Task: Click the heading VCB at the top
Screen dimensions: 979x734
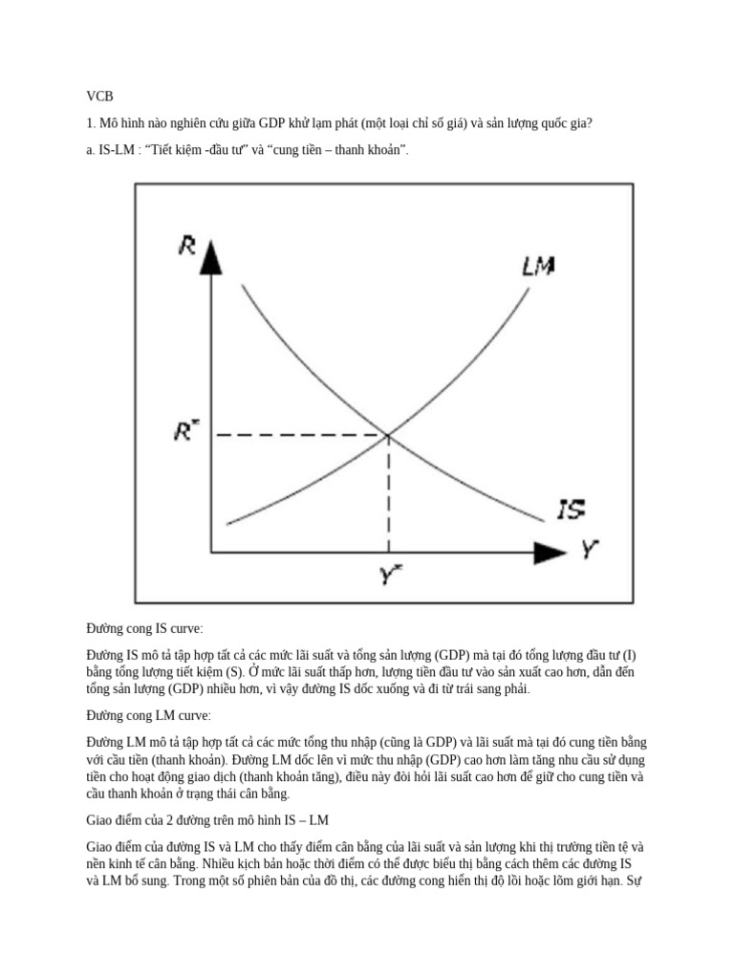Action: click(99, 97)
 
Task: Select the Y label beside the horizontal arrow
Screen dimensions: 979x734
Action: click(591, 550)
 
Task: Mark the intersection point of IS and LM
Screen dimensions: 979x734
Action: click(388, 436)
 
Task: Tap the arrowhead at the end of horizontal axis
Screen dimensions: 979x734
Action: click(549, 552)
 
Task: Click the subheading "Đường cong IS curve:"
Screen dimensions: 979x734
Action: click(144, 629)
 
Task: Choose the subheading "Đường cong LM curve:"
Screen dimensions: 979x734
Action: click(148, 715)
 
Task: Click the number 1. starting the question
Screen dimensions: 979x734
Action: click(92, 123)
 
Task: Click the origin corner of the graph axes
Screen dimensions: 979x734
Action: click(212, 552)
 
